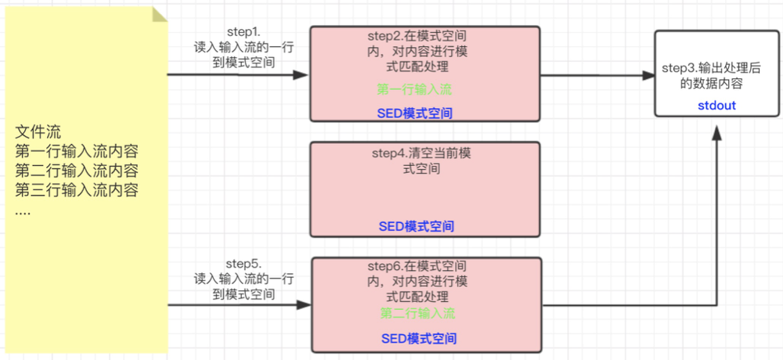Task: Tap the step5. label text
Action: [244, 264]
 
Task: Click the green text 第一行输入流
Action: [414, 90]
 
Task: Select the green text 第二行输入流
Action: [417, 314]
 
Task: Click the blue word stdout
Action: [717, 106]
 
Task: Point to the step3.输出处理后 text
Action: [711, 69]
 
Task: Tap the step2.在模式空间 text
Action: [417, 36]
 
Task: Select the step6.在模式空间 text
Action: [417, 266]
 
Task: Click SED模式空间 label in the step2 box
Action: [414, 113]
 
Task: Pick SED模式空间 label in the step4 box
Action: [417, 227]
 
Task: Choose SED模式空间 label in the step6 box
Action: [419, 339]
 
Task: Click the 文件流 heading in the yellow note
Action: [38, 132]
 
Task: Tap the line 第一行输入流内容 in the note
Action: [77, 152]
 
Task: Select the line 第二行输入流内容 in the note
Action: [77, 171]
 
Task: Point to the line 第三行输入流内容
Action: [77, 191]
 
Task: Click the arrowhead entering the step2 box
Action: [301, 75]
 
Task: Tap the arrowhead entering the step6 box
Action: [304, 304]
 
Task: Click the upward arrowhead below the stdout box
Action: [717, 131]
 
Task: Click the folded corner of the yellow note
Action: [159, 15]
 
